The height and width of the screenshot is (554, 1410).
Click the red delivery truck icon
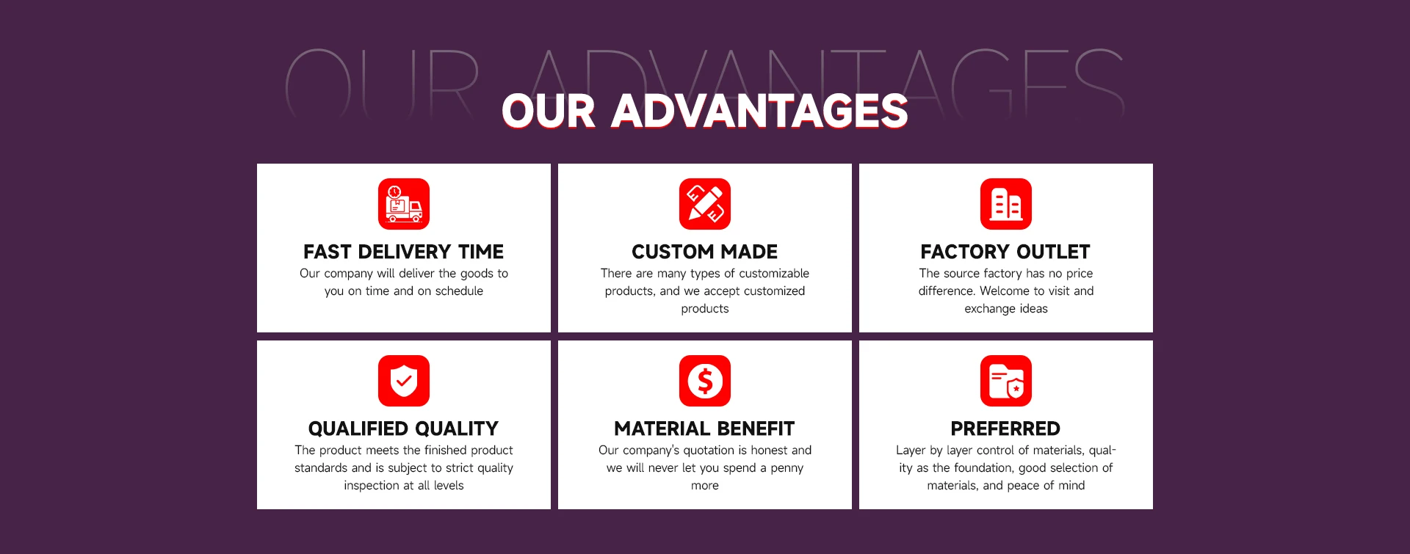404,204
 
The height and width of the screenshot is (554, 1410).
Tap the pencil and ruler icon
705,204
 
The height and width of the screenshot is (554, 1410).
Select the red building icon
1006,204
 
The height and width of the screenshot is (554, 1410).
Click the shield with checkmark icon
404,381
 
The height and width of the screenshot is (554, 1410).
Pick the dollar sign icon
705,381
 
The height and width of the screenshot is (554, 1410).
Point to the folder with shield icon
1006,381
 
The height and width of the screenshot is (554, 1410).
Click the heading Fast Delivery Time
404,252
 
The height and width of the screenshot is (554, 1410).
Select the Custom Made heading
705,252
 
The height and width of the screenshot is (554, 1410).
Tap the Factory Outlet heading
1006,252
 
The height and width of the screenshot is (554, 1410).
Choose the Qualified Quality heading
404,429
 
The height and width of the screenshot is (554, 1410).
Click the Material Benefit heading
705,429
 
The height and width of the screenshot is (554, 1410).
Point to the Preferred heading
1006,429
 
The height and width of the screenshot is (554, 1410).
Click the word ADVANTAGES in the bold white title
760,111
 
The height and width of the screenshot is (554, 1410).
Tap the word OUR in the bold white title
549,111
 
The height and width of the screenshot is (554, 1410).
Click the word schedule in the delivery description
459,291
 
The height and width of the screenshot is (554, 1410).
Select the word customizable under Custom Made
774,274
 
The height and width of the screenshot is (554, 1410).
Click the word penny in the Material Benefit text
787,468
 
